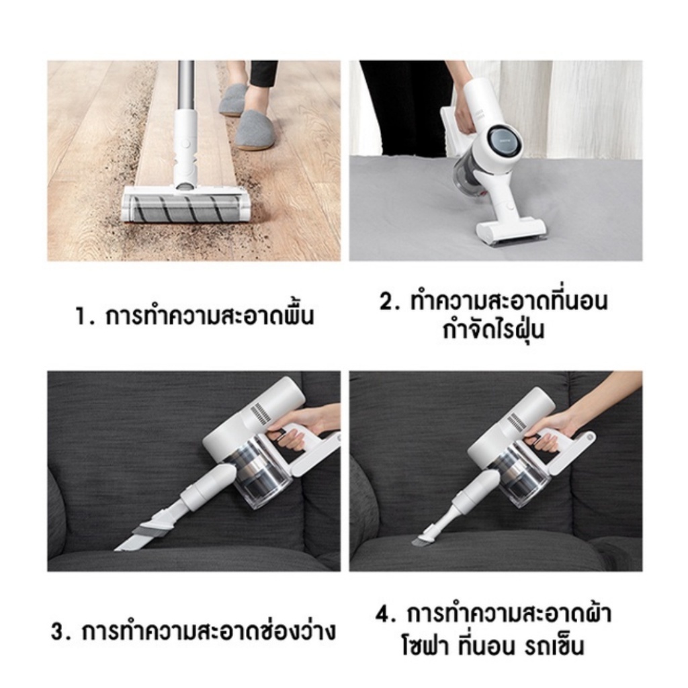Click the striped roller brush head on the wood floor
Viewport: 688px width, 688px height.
click(185, 206)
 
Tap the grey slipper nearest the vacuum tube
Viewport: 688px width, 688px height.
click(255, 129)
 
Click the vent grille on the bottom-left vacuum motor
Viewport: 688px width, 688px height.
click(260, 413)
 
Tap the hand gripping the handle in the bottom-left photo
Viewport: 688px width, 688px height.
click(296, 430)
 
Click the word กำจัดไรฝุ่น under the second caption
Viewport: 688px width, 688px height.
click(494, 331)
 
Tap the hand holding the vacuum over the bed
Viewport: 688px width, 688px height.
click(464, 111)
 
